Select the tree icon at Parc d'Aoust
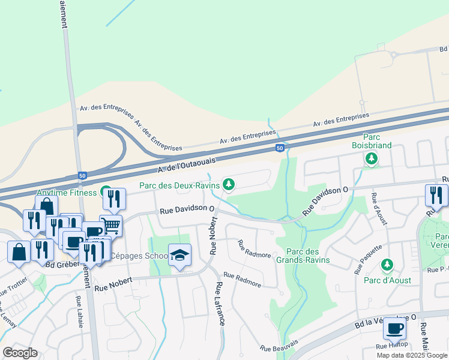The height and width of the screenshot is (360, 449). [387, 265]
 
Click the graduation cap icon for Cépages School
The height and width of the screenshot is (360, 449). [179, 254]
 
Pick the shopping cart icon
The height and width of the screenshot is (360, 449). [110, 226]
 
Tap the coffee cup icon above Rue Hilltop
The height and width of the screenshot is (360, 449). [394, 328]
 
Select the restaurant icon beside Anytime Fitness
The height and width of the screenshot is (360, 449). [114, 199]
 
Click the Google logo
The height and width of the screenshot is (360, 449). [19, 353]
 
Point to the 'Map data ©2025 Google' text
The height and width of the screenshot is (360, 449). [411, 355]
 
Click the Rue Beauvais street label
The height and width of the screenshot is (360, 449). [279, 345]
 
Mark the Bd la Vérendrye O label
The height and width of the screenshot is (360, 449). [385, 321]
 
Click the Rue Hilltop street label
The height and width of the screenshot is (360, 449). [391, 345]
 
